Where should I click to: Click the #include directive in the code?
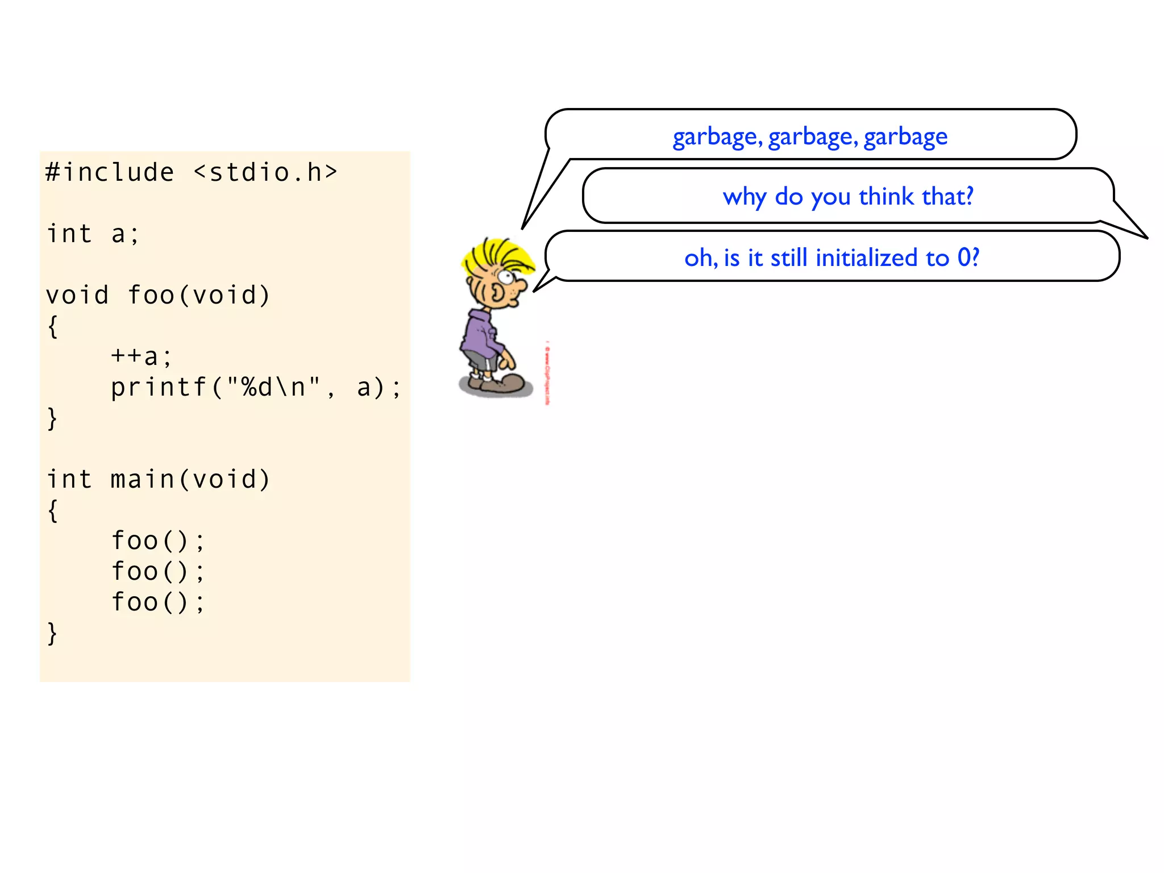click(x=110, y=172)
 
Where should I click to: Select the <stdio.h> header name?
click(x=265, y=172)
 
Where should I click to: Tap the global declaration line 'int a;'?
click(x=92, y=234)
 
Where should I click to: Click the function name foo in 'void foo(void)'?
click(x=151, y=295)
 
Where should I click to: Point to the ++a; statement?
click(x=141, y=356)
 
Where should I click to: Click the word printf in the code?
click(x=158, y=388)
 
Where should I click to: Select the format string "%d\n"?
click(x=273, y=387)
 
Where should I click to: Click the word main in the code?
click(x=142, y=479)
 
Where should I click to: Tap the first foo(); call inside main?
click(x=157, y=541)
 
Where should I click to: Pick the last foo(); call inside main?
click(x=157, y=602)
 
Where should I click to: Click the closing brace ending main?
click(x=52, y=633)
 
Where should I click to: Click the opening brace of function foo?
click(x=52, y=326)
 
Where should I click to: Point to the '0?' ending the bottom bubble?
click(x=968, y=257)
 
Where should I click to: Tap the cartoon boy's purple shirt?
click(x=480, y=335)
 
